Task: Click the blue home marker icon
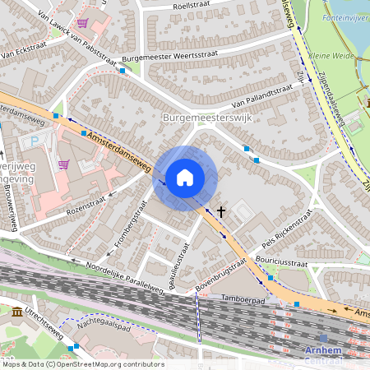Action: click(185, 177)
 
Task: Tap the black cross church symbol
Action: click(220, 211)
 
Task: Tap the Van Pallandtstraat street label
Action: click(261, 96)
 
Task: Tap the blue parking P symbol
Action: click(34, 141)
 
